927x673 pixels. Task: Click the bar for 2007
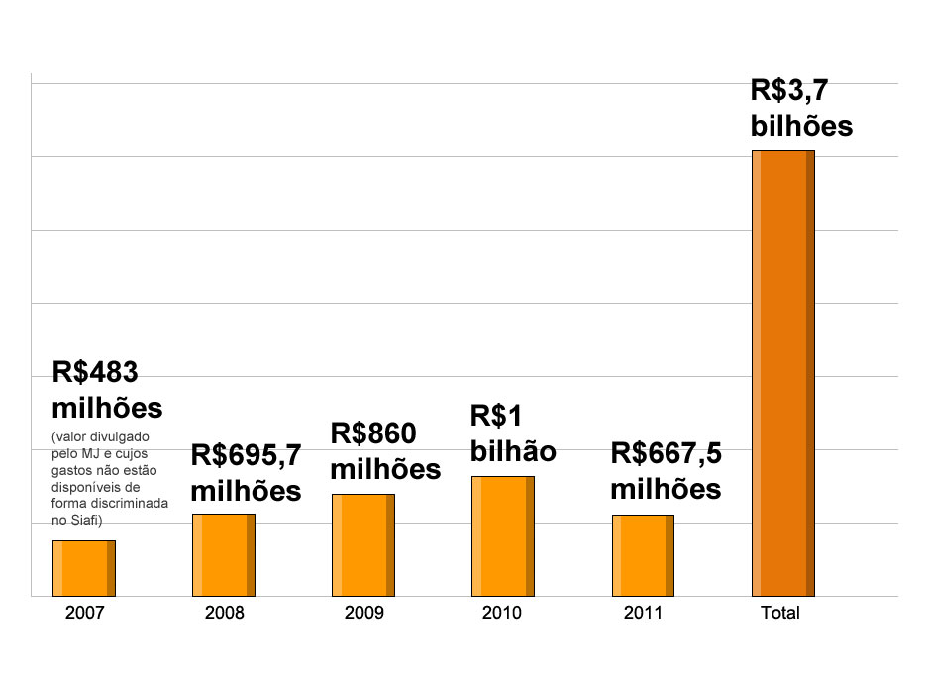84,568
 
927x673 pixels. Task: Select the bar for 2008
223,554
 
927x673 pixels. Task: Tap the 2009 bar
362,544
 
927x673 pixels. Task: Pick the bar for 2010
502,535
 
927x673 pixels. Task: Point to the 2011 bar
643,555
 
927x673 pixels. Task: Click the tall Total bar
782,373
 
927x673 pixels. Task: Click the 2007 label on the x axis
84,613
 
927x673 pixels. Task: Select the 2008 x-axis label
224,613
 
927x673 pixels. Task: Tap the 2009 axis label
363,613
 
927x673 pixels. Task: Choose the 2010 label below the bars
502,613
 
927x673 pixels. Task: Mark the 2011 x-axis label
643,613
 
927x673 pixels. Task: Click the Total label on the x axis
779,613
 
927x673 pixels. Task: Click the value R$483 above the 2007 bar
94,372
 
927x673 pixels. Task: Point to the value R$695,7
246,455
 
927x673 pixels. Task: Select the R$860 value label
373,433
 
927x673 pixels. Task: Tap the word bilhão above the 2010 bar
512,451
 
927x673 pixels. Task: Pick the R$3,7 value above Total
789,91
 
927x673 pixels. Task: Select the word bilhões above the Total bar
801,127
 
